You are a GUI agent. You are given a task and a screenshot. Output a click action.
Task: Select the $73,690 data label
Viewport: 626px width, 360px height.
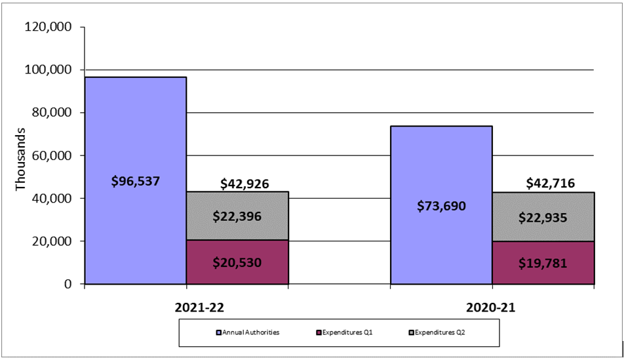click(x=441, y=206)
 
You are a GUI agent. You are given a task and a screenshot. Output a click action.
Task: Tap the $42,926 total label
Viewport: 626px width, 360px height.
click(x=237, y=184)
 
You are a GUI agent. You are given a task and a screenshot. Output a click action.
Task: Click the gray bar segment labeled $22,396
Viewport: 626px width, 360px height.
click(x=237, y=216)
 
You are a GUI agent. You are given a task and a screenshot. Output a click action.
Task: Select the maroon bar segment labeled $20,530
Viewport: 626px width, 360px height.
click(x=237, y=262)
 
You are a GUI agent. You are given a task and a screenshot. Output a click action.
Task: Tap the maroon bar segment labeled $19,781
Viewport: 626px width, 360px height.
click(x=543, y=263)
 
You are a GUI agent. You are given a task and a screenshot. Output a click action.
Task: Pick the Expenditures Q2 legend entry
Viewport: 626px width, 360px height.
click(x=441, y=332)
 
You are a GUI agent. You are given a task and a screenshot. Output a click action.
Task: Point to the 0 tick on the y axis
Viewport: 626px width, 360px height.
click(x=68, y=284)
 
